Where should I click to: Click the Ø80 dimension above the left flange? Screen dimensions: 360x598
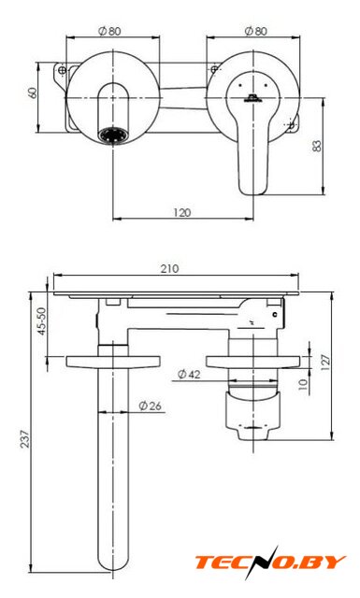(109, 31)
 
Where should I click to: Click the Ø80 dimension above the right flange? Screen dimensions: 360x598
(255, 31)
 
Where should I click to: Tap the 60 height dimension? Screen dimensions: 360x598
(34, 93)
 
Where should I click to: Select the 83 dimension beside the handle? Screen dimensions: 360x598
(317, 146)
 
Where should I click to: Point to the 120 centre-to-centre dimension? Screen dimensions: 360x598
(182, 212)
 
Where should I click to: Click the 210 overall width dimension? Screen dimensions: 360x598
(169, 269)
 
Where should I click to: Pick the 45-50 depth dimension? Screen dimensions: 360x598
(42, 321)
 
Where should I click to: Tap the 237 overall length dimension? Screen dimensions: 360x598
(25, 439)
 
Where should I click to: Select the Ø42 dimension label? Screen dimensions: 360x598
(189, 375)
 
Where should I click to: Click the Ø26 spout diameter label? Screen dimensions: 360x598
(150, 406)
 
